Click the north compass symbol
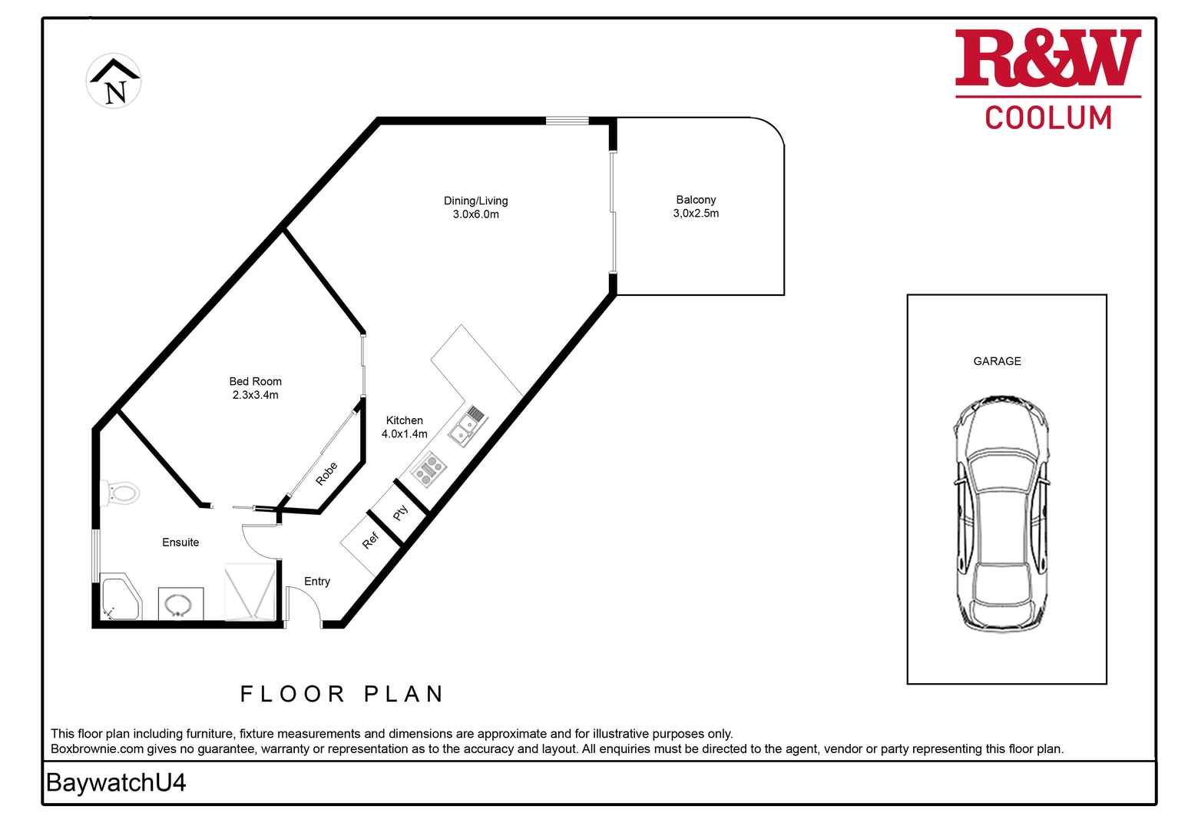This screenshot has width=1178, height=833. (x=114, y=81)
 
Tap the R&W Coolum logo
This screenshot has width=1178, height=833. (x=1048, y=78)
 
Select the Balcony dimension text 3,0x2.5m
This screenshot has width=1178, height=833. (x=696, y=213)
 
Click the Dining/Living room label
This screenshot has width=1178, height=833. (x=475, y=201)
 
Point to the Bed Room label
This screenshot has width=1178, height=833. (x=255, y=381)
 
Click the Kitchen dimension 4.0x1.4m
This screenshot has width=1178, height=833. (x=404, y=433)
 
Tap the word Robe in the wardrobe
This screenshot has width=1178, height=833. (x=326, y=473)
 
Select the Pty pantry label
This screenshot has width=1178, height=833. (x=400, y=513)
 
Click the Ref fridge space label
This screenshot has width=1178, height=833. (x=370, y=540)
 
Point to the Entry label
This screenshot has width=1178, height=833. (x=316, y=581)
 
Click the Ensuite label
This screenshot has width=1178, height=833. (x=180, y=542)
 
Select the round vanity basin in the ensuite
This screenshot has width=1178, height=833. (x=178, y=605)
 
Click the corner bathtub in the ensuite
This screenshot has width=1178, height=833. (x=121, y=597)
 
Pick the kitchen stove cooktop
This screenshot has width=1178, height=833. (x=429, y=469)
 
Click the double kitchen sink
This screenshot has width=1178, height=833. (x=468, y=426)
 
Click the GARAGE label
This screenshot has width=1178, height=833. (x=997, y=361)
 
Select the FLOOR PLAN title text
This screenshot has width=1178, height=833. (x=342, y=694)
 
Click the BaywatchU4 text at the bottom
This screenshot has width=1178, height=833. (x=116, y=782)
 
